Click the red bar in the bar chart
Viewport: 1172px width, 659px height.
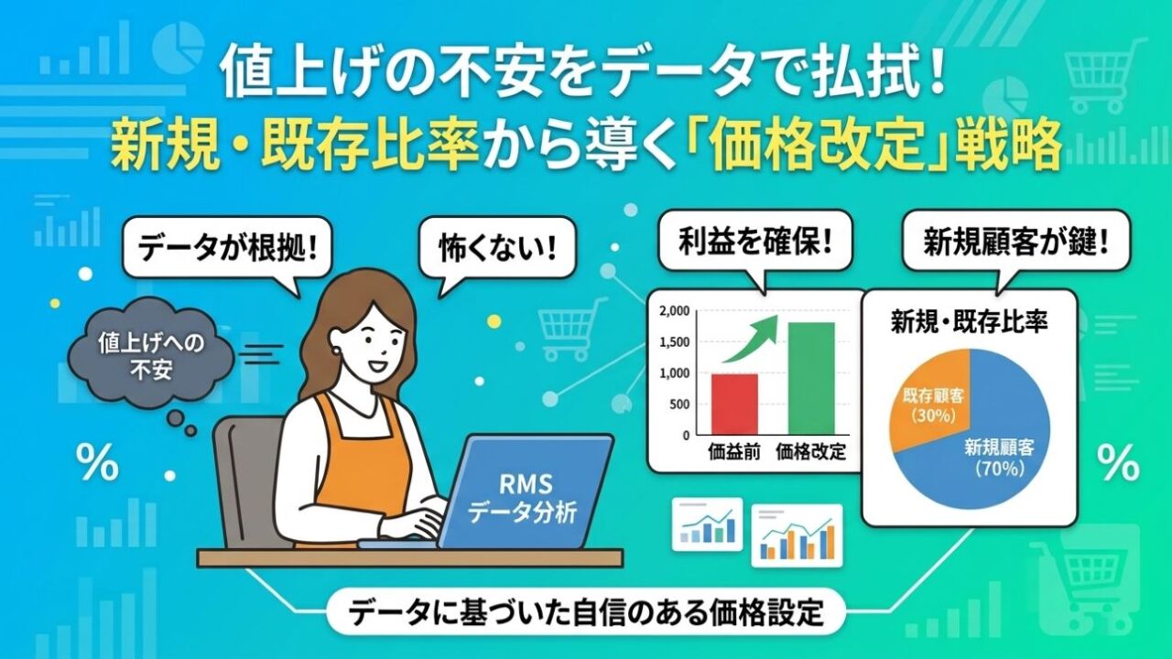click(x=734, y=404)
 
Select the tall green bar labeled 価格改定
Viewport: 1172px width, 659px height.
click(x=811, y=378)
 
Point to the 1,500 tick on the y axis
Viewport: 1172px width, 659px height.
click(x=675, y=342)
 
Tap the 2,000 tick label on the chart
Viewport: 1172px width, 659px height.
click(x=675, y=311)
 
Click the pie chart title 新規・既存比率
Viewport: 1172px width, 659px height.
click(x=970, y=321)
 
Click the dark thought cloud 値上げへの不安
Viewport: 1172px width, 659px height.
click(x=151, y=357)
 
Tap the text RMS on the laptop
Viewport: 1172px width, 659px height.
click(x=526, y=484)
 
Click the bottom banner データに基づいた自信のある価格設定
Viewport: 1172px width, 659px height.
click(x=585, y=613)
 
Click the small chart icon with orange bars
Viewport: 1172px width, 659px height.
click(x=797, y=535)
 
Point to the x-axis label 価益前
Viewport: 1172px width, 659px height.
click(x=734, y=451)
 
